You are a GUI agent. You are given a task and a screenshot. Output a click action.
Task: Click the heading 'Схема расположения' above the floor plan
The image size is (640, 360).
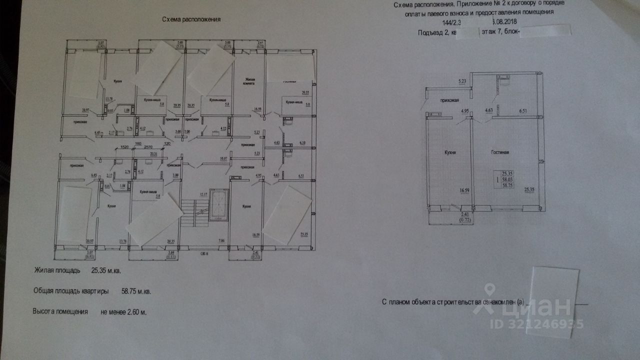pos(191,20)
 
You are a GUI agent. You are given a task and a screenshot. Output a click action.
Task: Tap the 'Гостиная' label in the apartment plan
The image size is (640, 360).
pos(499,151)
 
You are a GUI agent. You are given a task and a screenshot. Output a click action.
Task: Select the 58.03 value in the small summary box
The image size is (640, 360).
pos(508,179)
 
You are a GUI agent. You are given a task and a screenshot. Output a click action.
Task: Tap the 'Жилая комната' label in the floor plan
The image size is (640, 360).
pos(249,81)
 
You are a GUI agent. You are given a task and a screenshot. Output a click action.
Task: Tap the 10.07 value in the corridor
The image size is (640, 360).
pos(223,159)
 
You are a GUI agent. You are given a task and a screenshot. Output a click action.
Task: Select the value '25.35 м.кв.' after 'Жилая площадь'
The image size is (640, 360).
pos(106,270)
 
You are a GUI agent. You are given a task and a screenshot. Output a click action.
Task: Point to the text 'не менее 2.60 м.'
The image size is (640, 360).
pos(123,311)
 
